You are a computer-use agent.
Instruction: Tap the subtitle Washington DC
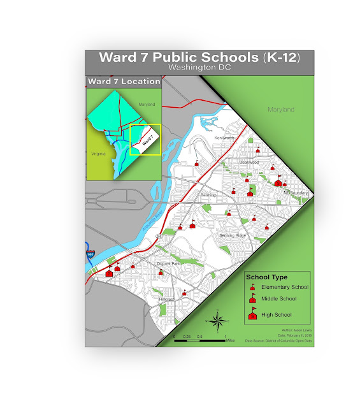point(199,67)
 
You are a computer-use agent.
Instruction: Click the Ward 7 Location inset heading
point(124,82)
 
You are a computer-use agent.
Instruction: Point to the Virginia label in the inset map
point(99,154)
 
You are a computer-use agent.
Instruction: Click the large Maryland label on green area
point(281,110)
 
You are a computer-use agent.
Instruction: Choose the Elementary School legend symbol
point(252,287)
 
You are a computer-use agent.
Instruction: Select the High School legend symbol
point(252,314)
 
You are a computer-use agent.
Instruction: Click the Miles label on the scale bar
point(230,340)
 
